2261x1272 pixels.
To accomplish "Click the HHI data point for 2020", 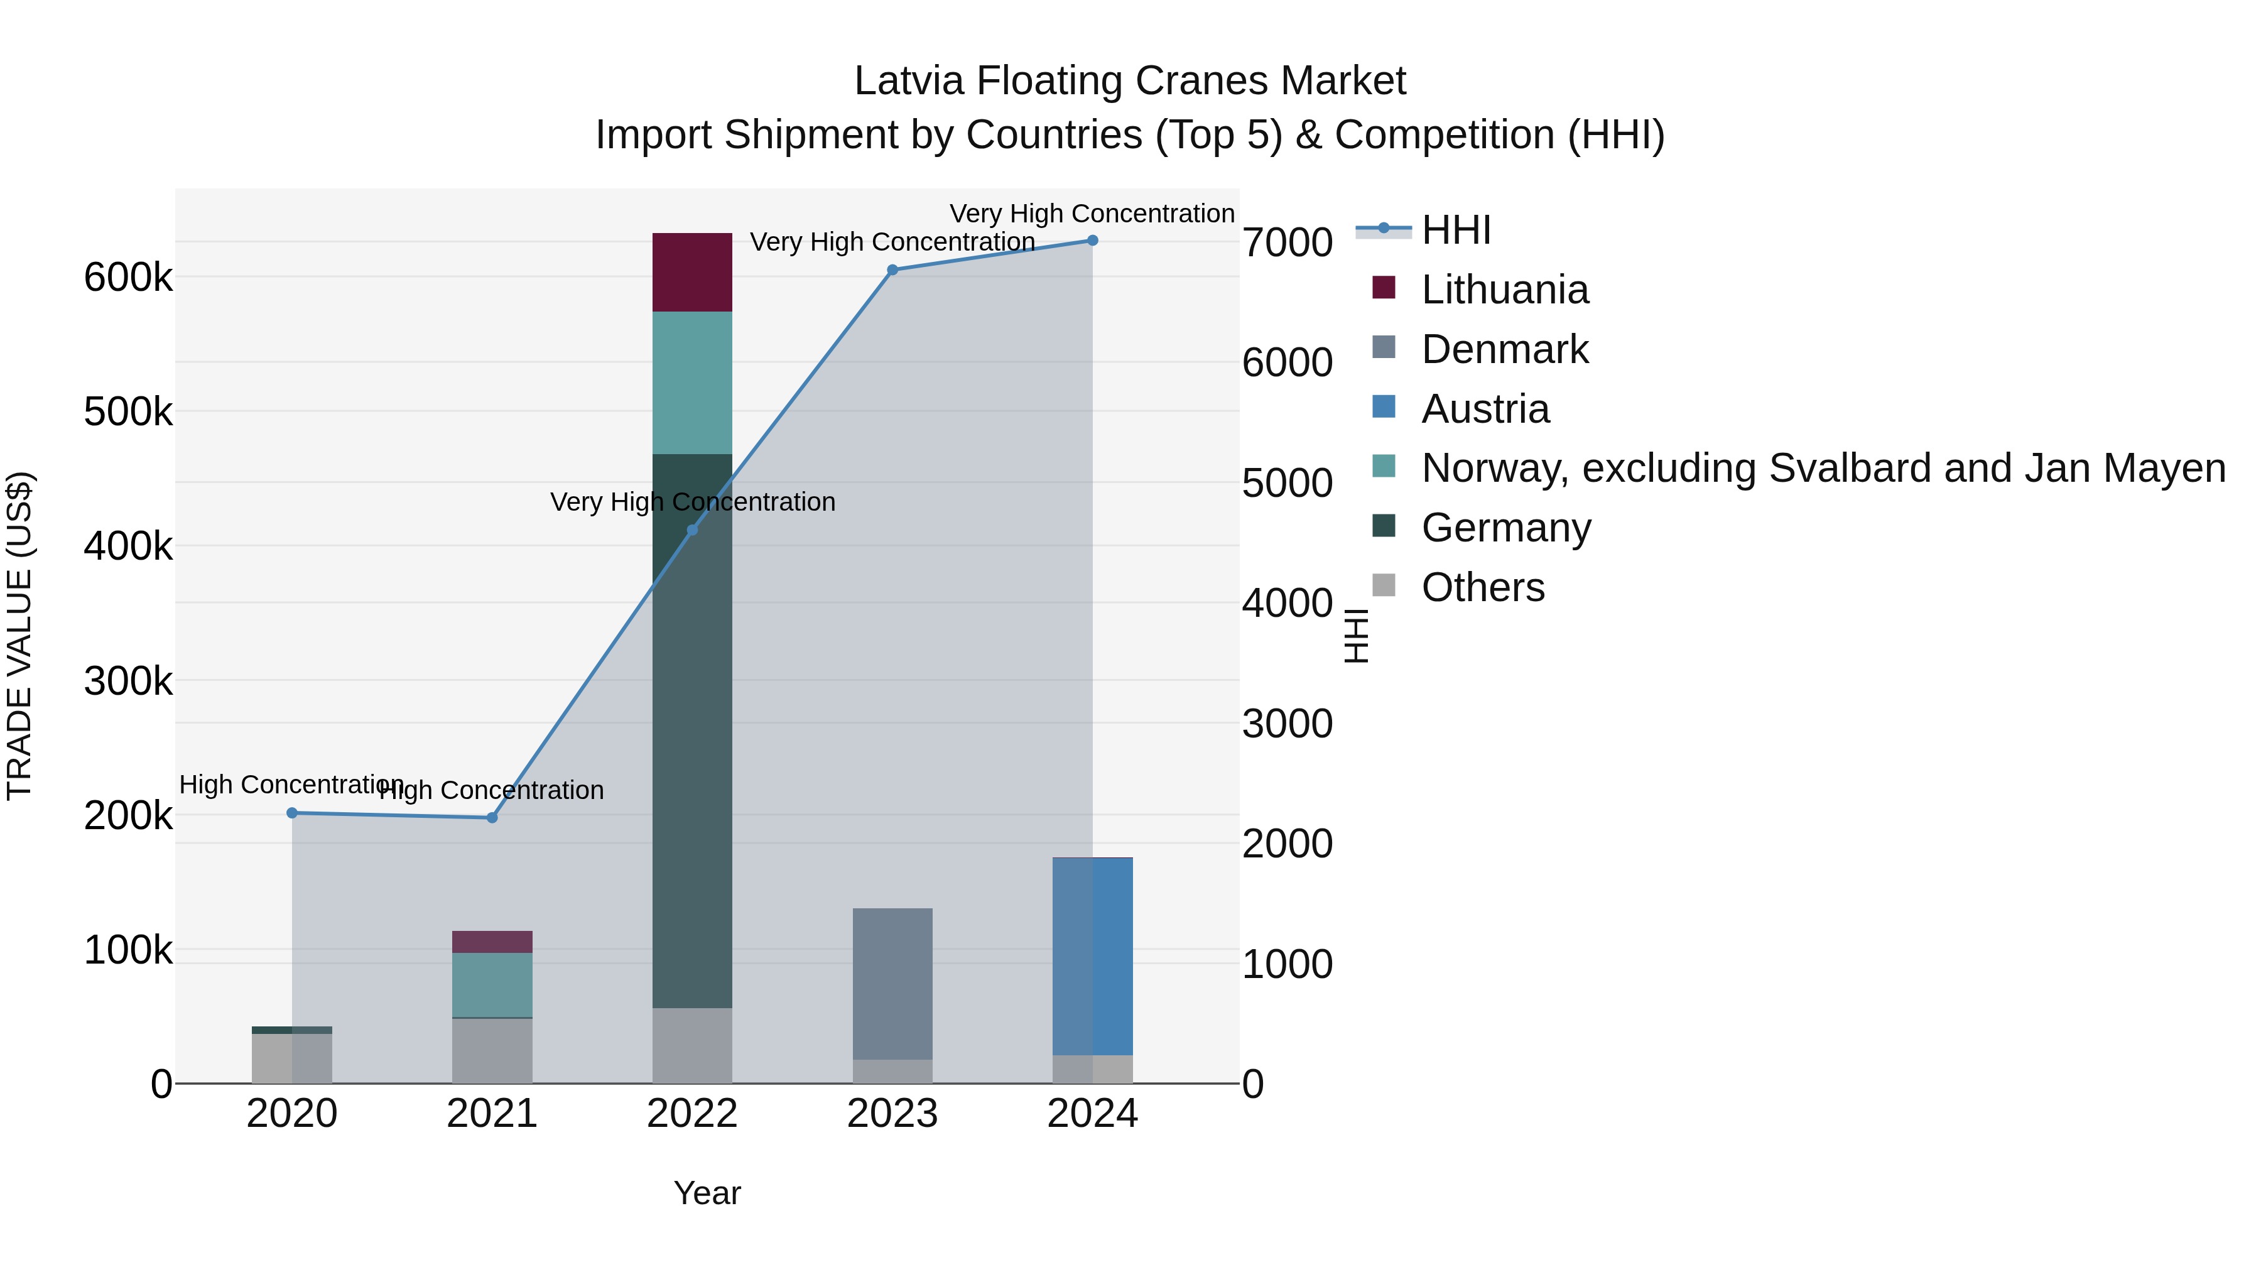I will click(x=292, y=813).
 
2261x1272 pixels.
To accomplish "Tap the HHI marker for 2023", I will click(x=892, y=270).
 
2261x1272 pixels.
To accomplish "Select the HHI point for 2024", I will click(x=1093, y=241).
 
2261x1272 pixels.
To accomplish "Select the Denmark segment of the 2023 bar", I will click(x=892, y=983).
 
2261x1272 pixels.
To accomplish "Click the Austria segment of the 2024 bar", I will click(x=1093, y=956).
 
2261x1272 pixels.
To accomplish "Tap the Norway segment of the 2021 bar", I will click(x=492, y=985).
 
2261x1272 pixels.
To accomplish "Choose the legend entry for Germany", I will click(x=1505, y=528).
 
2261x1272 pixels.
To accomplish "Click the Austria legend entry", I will click(x=1485, y=409).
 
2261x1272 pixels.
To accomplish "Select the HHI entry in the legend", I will click(x=1456, y=230).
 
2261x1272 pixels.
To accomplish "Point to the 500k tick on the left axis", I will click(x=128, y=411).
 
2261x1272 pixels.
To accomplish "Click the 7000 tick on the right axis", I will click(x=1287, y=242).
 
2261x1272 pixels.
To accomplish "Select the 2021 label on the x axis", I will click(x=492, y=1114).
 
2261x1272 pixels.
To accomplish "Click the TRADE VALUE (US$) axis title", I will click(x=19, y=636).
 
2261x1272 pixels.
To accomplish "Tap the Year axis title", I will click(x=707, y=1193).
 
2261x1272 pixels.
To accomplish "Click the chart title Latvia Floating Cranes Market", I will click(x=1130, y=81).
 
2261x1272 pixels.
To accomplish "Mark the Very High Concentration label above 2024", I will click(x=1092, y=214).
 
